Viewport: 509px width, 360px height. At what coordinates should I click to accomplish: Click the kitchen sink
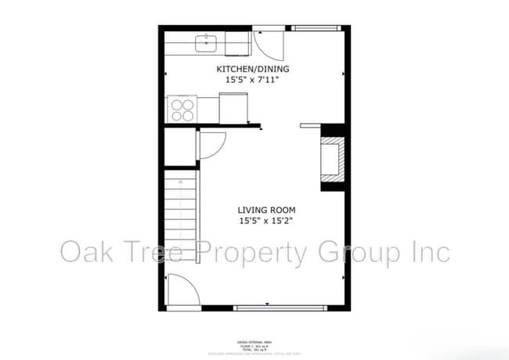pos(207,41)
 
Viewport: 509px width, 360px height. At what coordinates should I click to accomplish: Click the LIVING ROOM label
pos(267,210)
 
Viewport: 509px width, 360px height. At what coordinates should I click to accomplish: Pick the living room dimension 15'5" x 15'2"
pos(267,221)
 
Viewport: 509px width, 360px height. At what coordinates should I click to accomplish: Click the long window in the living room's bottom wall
pos(280,308)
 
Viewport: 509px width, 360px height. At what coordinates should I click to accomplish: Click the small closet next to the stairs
pos(181,146)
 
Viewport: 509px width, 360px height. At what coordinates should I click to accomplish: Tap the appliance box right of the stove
pos(233,108)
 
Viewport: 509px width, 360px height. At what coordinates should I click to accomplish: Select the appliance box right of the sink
pos(236,43)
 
